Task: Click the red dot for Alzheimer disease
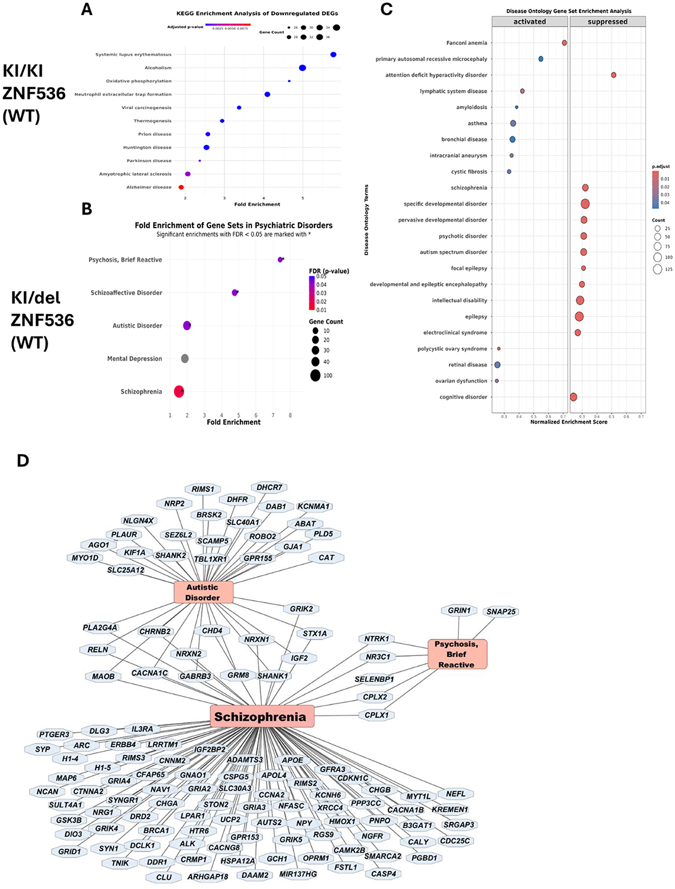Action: click(181, 187)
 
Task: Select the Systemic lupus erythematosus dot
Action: click(333, 55)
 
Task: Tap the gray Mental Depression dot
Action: click(185, 358)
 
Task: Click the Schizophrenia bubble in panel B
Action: click(179, 391)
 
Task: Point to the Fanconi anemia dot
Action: click(564, 43)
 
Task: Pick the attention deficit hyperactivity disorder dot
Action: click(613, 75)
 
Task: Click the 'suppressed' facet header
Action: click(607, 22)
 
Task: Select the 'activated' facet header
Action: click(529, 22)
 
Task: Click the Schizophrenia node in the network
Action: click(260, 717)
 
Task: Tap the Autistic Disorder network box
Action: click(203, 592)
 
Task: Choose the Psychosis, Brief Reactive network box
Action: click(456, 654)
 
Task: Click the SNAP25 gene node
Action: click(501, 611)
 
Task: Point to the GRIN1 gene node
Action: click(459, 610)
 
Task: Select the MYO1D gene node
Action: click(85, 558)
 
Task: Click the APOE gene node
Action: click(292, 760)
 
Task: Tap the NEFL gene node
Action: click(456, 794)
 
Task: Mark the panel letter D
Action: click(23, 461)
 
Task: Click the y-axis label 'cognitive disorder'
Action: click(463, 397)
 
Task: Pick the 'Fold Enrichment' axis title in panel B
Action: click(234, 422)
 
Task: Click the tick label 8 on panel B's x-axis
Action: click(290, 415)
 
